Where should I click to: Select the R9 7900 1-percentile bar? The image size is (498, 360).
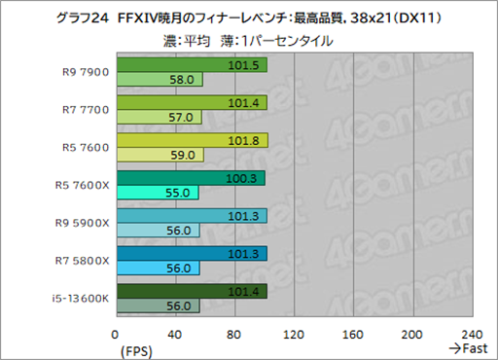point(160,80)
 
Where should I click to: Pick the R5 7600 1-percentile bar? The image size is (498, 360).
point(161,154)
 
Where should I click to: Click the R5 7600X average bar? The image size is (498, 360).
point(191,178)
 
